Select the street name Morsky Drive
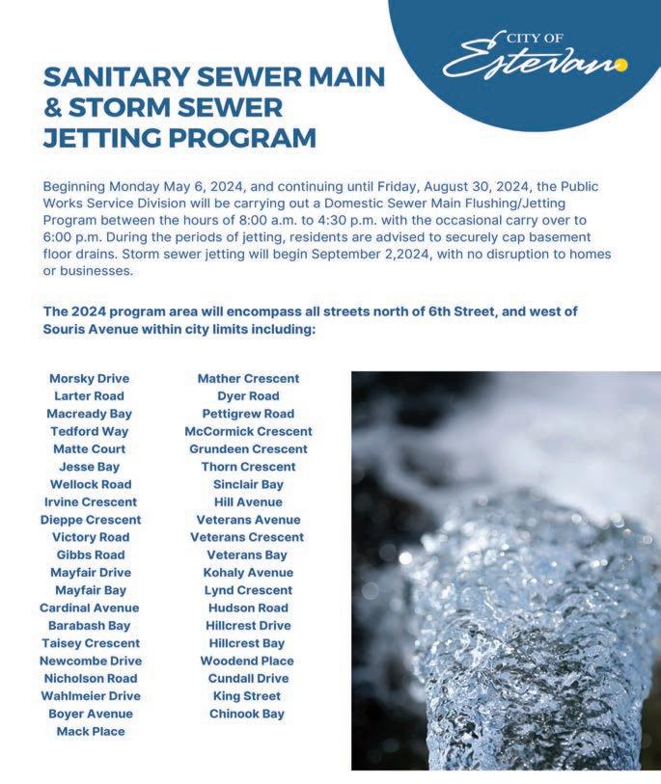[x=89, y=379]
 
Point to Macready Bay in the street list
[x=89, y=414]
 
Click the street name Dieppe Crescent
[x=91, y=520]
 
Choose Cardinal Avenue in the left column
[x=89, y=608]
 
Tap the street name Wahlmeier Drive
[x=90, y=696]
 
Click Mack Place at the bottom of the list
[x=91, y=731]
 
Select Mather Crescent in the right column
[x=248, y=379]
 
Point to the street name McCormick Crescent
[x=248, y=432]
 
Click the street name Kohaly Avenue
[x=248, y=573]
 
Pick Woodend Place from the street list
[x=247, y=661]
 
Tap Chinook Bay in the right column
[x=247, y=714]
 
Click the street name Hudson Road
[x=248, y=608]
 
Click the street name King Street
[x=247, y=696]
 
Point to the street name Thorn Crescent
[x=248, y=467]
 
